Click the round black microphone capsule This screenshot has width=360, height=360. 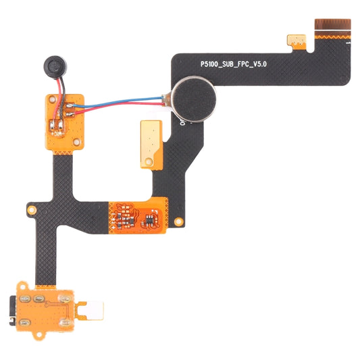click(51, 66)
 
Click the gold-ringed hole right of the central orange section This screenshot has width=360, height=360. click(177, 221)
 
